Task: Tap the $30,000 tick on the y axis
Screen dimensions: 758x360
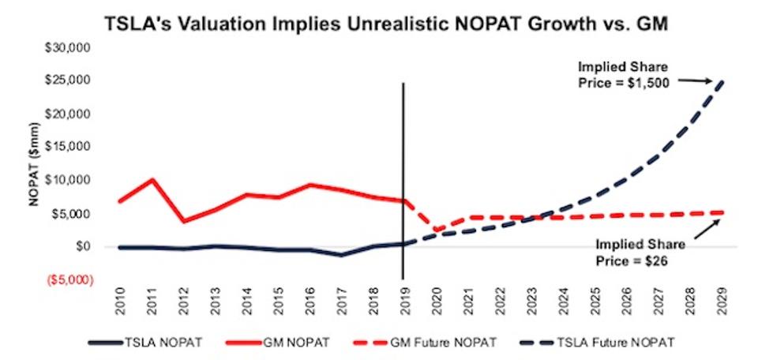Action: pos(68,48)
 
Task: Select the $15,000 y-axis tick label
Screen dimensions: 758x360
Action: pos(68,148)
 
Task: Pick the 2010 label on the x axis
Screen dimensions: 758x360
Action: pos(120,301)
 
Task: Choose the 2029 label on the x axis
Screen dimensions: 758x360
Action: pos(722,301)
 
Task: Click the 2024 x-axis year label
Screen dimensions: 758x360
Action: pos(563,301)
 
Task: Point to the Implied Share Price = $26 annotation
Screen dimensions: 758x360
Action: pos(641,252)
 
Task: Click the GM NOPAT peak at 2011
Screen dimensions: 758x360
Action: pos(152,180)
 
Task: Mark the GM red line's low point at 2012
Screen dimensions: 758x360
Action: pos(183,221)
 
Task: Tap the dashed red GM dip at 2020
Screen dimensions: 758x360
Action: pos(436,230)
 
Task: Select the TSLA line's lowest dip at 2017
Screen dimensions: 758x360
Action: pos(341,255)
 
